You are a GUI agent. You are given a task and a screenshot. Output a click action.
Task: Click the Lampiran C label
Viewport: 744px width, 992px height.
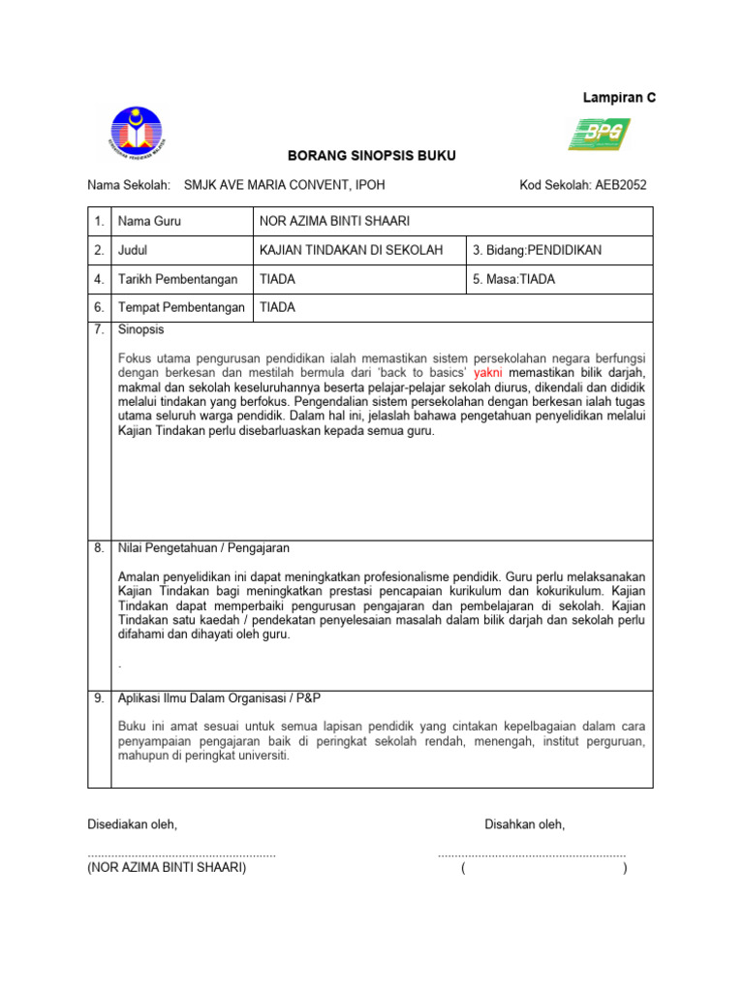click(x=618, y=98)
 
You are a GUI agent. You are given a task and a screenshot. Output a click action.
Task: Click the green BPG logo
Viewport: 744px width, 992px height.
click(x=599, y=135)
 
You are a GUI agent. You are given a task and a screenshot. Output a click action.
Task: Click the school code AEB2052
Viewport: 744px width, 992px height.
click(x=583, y=185)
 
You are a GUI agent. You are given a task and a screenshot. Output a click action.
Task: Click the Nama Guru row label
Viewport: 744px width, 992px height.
click(x=149, y=221)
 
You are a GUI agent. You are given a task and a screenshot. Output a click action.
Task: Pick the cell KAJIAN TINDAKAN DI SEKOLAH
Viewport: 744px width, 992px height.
click(x=352, y=250)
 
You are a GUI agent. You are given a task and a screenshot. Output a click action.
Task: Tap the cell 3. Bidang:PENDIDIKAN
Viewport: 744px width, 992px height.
click(x=537, y=250)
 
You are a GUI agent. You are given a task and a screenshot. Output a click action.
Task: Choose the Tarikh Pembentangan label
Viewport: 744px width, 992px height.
click(x=177, y=279)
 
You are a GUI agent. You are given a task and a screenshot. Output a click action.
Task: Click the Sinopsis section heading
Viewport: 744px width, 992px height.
click(x=141, y=329)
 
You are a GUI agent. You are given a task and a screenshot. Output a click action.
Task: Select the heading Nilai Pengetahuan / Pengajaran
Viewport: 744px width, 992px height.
click(x=202, y=548)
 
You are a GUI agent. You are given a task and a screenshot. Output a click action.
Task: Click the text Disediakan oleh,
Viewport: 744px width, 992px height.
click(x=133, y=824)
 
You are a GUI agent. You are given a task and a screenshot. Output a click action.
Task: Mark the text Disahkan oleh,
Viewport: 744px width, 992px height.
click(x=524, y=824)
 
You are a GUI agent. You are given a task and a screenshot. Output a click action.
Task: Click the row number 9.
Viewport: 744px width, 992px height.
click(x=99, y=698)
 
